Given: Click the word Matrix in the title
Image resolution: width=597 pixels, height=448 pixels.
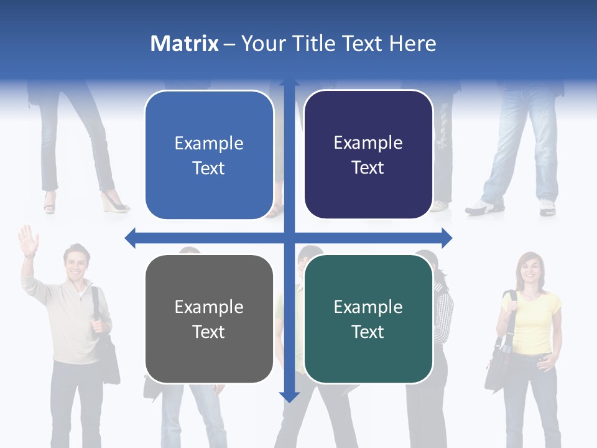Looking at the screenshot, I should pyautogui.click(x=185, y=44).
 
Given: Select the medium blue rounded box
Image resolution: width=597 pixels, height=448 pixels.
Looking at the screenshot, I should pyautogui.click(x=209, y=155).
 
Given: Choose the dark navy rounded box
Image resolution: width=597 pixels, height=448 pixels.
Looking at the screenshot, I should pyautogui.click(x=368, y=155).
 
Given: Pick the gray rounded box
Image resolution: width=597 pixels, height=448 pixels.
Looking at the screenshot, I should pyautogui.click(x=209, y=319).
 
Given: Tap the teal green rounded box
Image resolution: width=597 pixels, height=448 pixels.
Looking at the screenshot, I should pyautogui.click(x=368, y=319).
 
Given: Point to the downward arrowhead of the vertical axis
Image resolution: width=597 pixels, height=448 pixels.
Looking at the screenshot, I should pyautogui.click(x=289, y=396).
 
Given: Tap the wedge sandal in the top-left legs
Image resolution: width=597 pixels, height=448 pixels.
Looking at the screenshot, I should pyautogui.click(x=115, y=203).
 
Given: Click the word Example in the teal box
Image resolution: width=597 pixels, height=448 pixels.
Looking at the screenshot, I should pyautogui.click(x=368, y=307).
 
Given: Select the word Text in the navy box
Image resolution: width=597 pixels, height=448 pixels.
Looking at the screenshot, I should pyautogui.click(x=368, y=168).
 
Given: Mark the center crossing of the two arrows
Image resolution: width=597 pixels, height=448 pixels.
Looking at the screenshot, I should pyautogui.click(x=289, y=238).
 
